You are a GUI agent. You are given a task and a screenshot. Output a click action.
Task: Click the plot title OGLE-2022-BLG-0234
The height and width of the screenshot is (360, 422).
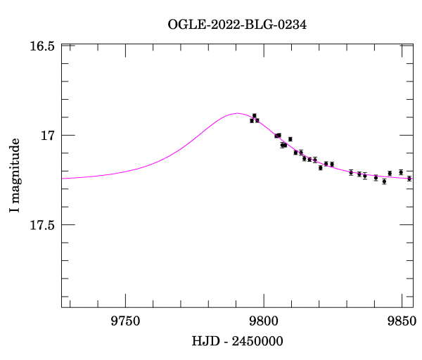pos(237,25)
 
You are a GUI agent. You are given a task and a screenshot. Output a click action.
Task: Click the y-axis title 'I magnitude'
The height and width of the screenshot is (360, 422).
pos(15,176)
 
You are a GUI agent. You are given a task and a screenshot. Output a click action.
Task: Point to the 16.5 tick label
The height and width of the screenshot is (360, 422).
pos(42,46)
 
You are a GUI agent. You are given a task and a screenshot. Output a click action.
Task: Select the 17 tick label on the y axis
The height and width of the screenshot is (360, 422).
pos(48,135)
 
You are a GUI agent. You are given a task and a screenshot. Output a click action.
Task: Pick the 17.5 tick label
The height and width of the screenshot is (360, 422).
pos(42,225)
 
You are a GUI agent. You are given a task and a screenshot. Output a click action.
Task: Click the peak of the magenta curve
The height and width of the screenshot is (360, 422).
pos(236,112)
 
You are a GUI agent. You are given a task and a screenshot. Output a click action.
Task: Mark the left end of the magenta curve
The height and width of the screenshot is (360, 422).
pos(62,179)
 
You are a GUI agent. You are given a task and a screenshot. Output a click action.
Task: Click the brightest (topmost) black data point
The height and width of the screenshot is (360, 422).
pos(255,115)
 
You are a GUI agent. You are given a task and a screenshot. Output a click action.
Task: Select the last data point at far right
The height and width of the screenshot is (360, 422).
pos(409,179)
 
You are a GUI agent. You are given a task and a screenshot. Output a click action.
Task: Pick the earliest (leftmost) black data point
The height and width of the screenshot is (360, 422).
pos(252,120)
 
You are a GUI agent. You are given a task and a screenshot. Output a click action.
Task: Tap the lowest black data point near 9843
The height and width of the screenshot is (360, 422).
pos(384,181)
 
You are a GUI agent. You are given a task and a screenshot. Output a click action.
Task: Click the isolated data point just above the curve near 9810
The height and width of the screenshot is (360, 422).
pos(290,139)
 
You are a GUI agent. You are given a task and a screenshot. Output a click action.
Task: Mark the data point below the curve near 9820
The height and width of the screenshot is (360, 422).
pos(320,168)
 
